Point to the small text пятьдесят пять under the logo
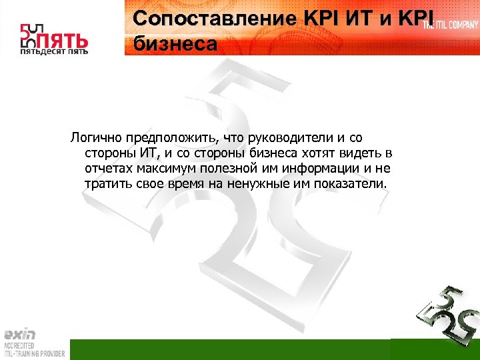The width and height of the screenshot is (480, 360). coord(54,51)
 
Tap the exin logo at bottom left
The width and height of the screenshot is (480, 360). coord(20,335)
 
